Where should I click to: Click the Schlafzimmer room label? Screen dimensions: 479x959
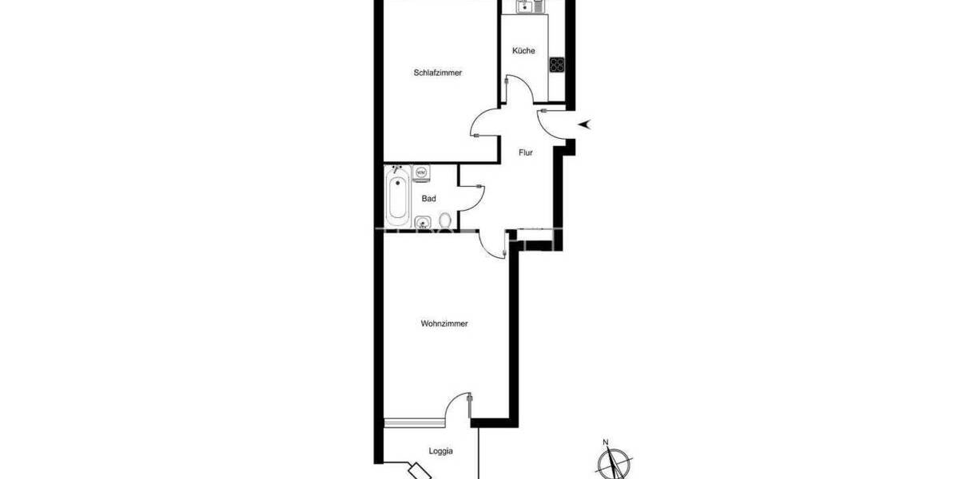pyautogui.click(x=438, y=73)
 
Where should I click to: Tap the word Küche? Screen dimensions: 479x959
pyautogui.click(x=523, y=51)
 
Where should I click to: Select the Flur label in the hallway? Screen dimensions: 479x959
pyautogui.click(x=525, y=152)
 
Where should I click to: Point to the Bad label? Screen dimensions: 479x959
pyautogui.click(x=428, y=199)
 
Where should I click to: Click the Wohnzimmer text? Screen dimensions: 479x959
pyautogui.click(x=444, y=324)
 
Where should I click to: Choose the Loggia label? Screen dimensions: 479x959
pyautogui.click(x=440, y=451)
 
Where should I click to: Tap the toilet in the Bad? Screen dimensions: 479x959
pyautogui.click(x=445, y=221)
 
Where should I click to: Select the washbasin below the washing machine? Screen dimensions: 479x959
pyautogui.click(x=423, y=222)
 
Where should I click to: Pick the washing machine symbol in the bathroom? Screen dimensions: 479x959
pyautogui.click(x=422, y=172)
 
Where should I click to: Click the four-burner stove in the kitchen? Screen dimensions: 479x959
pyautogui.click(x=557, y=65)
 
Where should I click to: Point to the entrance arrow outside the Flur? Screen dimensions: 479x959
pyautogui.click(x=586, y=123)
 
